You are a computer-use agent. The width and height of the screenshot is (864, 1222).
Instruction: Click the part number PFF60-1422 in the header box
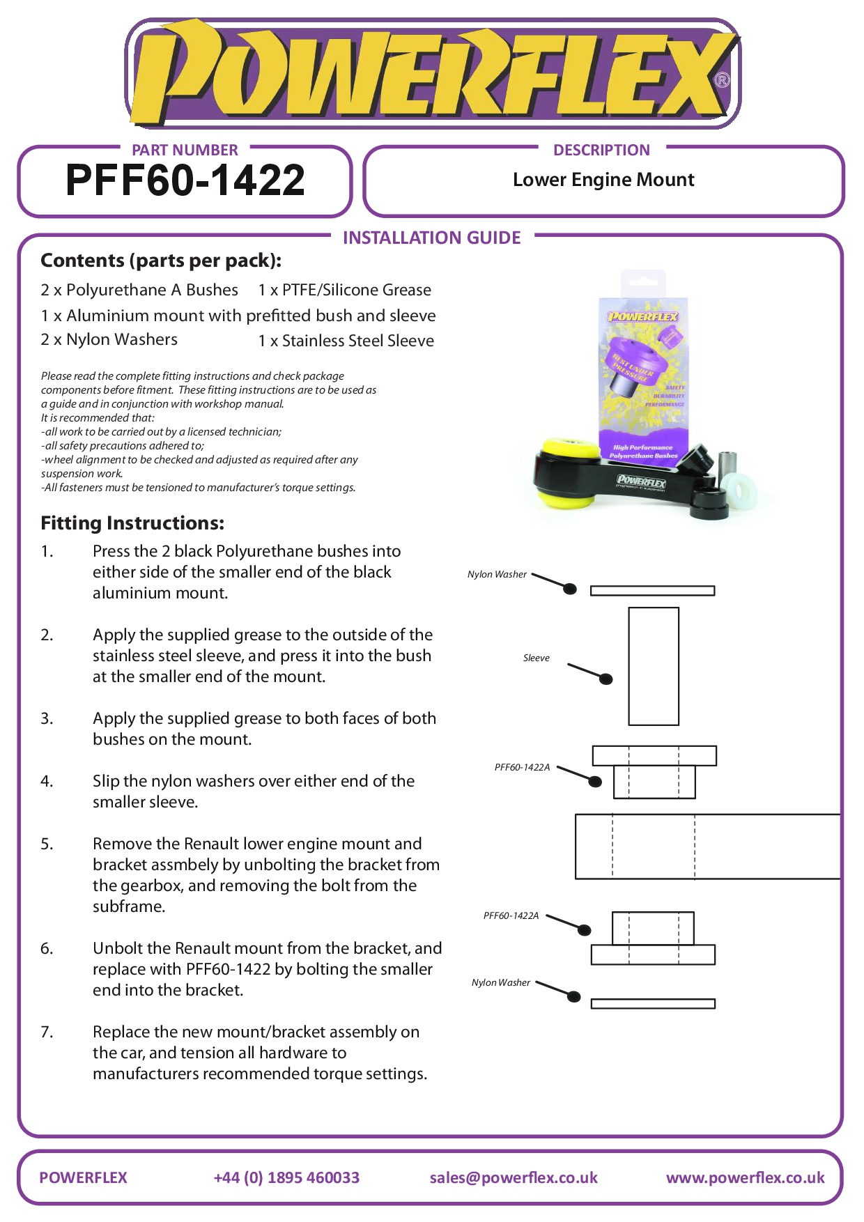click(x=185, y=180)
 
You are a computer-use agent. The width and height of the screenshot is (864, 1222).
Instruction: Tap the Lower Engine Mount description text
click(x=603, y=180)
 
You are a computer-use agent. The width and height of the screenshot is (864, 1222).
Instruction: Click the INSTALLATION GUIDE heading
click(x=431, y=238)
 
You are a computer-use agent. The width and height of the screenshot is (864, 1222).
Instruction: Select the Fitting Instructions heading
click(x=132, y=523)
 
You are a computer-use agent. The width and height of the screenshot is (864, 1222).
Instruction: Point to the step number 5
click(x=46, y=844)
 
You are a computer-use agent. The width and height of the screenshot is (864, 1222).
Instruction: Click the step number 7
click(x=46, y=1032)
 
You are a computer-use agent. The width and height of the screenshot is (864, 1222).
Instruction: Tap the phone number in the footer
click(x=286, y=1178)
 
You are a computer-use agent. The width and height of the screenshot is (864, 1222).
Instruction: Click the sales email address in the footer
click(x=514, y=1178)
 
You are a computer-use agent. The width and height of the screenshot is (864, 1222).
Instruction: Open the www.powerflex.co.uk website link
click(x=745, y=1178)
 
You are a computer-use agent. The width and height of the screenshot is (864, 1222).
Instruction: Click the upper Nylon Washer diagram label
click(x=497, y=575)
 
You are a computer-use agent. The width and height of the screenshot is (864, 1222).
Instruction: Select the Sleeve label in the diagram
click(x=536, y=658)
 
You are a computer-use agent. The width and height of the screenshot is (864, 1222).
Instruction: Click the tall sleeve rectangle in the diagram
click(x=653, y=666)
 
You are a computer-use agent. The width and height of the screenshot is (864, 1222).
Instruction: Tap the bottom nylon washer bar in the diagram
click(x=652, y=1004)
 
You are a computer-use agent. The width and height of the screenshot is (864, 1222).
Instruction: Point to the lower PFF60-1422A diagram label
click(x=511, y=916)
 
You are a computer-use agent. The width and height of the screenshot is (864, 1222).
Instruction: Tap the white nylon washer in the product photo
click(x=739, y=490)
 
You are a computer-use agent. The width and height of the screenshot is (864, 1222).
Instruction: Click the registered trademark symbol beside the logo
click(x=723, y=80)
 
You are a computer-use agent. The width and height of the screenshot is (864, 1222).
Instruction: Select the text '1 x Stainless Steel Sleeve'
click(x=346, y=341)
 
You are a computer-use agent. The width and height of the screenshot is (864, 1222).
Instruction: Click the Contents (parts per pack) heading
click(x=161, y=261)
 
